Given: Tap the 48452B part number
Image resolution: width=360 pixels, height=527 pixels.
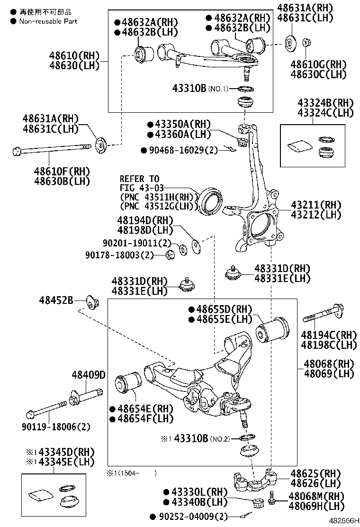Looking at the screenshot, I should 56,300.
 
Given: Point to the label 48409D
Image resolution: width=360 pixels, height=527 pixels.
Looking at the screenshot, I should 88,375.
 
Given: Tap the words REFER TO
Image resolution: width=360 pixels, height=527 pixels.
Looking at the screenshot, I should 139,179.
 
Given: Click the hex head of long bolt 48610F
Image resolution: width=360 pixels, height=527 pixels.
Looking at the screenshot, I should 16,152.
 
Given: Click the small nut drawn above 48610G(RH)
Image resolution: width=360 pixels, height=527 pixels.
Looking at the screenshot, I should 306,43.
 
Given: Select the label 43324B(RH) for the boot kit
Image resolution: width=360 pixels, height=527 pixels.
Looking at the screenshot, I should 319,103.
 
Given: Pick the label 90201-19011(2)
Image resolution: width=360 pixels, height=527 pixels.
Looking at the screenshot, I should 136,243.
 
